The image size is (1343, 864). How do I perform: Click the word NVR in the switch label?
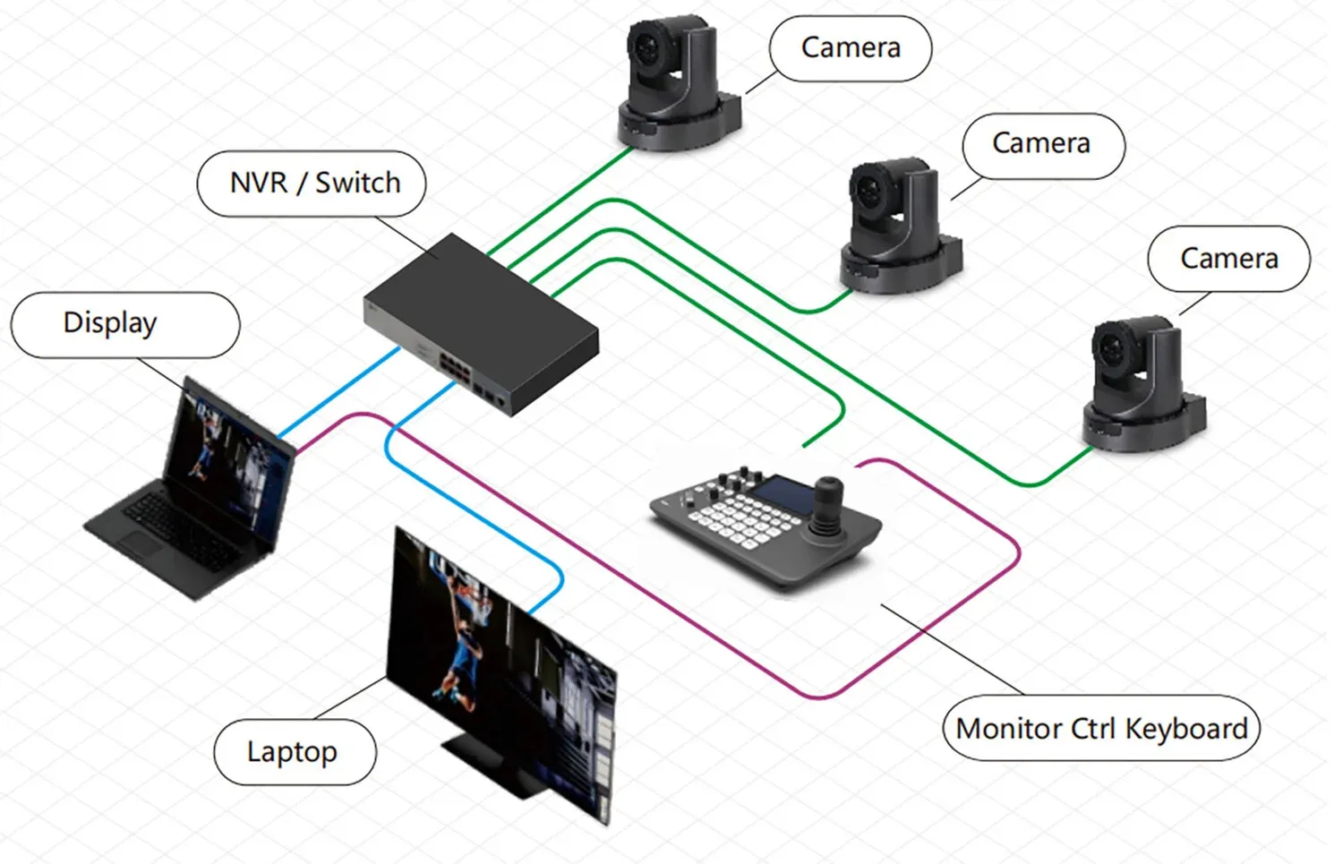(x=258, y=183)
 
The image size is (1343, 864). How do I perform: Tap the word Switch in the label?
(x=357, y=183)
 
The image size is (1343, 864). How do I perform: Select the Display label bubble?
(x=124, y=324)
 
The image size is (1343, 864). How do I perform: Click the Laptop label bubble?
(x=294, y=752)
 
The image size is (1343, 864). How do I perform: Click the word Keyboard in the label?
(x=1185, y=729)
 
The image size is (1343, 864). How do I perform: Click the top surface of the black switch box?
(x=475, y=295)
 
